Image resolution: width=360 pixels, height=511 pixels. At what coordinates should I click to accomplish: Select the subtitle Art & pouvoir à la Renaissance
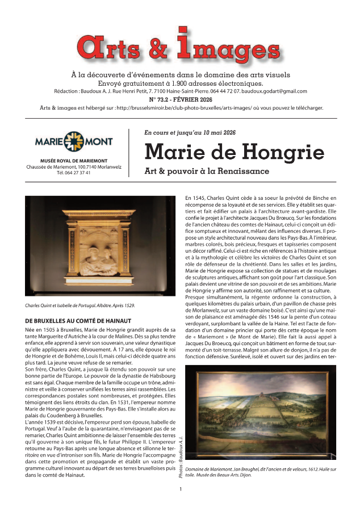(x=207, y=171)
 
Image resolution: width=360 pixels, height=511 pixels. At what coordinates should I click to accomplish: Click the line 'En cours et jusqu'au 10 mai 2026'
(x=190, y=132)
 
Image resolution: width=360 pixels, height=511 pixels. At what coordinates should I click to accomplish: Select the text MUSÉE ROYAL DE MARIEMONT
(x=74, y=161)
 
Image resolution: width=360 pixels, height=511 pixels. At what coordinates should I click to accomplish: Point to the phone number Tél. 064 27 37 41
(x=74, y=173)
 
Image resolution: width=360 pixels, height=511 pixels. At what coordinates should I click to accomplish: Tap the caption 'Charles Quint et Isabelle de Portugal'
(x=80, y=305)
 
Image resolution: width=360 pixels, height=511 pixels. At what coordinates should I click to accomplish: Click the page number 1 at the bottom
(x=180, y=489)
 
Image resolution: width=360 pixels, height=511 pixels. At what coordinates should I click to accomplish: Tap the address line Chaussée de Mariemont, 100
(x=74, y=167)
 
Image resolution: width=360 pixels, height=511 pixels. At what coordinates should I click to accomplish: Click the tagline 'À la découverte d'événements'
(x=180, y=74)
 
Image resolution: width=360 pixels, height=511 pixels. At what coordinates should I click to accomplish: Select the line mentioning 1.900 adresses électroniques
(x=180, y=83)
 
